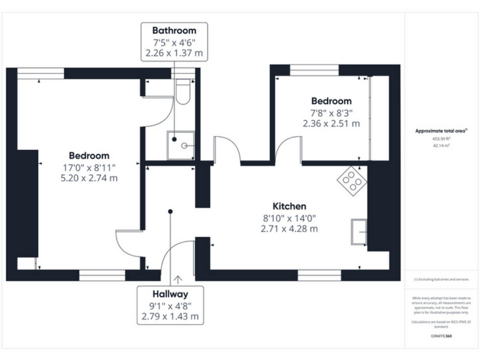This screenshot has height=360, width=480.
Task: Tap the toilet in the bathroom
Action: [x=182, y=91]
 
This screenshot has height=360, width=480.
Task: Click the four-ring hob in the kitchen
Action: [x=352, y=179]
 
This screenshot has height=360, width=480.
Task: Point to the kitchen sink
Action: [x=359, y=232]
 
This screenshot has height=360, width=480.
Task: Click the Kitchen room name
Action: [x=289, y=206]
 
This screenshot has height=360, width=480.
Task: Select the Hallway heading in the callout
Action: [x=170, y=293]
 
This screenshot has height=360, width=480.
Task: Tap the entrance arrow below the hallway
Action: [x=179, y=279]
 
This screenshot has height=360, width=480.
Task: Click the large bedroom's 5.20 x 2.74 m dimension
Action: [x=89, y=178]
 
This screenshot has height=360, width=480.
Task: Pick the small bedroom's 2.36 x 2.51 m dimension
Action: [x=331, y=123]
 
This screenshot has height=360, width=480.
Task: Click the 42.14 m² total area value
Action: [x=441, y=145]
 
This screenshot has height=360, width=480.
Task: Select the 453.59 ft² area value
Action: [x=441, y=139]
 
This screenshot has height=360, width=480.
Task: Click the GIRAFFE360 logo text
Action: [x=441, y=336]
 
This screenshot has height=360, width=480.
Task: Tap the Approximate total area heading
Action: [x=441, y=131]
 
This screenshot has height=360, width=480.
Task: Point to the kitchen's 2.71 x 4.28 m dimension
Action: [x=289, y=228]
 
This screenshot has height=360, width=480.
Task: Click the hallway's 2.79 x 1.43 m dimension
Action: [x=170, y=316]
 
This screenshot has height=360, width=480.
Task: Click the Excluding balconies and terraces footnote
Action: [x=441, y=279]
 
